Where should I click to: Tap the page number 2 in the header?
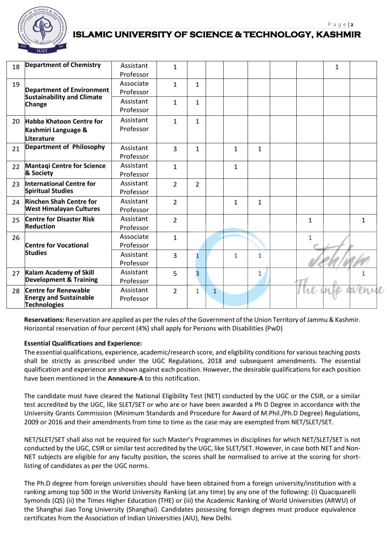[x=352, y=25]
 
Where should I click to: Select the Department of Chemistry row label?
[x=63, y=65]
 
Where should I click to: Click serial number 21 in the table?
[x=16, y=149]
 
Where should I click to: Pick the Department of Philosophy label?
[x=65, y=147]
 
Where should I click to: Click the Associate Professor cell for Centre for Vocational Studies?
[x=134, y=241]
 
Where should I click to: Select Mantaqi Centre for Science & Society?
[x=65, y=169]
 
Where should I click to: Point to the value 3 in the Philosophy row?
[x=175, y=149]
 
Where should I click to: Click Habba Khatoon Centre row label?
[x=64, y=130]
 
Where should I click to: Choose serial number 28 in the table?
[x=16, y=291]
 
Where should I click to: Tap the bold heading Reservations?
[x=44, y=320]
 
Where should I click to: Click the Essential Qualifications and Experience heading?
[x=83, y=343]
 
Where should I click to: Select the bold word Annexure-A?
[x=125, y=378]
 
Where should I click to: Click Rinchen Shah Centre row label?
[x=62, y=205]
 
